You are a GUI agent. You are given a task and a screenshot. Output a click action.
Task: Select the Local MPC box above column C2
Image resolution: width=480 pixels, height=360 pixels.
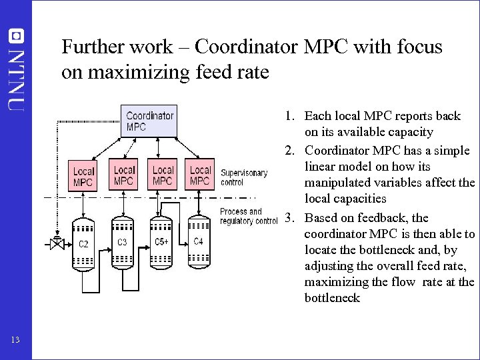point(83,176)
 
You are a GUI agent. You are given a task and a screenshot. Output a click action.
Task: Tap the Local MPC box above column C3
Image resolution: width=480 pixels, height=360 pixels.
point(124,174)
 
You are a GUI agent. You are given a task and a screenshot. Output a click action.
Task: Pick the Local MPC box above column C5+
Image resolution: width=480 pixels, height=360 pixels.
point(163,174)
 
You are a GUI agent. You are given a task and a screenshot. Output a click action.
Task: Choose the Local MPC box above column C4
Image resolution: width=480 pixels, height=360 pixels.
point(199,174)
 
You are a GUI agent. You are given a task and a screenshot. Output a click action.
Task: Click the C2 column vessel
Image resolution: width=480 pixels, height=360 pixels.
point(83,245)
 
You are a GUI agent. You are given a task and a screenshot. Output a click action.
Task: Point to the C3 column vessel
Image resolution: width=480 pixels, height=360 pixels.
point(122,243)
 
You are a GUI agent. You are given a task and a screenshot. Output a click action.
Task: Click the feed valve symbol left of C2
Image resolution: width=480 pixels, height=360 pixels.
point(57,244)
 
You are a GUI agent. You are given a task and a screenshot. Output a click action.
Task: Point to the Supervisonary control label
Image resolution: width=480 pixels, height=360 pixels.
point(244,177)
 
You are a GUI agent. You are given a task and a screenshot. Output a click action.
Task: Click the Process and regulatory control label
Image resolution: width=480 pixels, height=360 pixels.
point(248,216)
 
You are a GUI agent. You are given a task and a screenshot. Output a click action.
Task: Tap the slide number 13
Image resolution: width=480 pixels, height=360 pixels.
point(15,341)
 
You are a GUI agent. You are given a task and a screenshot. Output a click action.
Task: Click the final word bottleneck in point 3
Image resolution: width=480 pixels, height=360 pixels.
point(332,298)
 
